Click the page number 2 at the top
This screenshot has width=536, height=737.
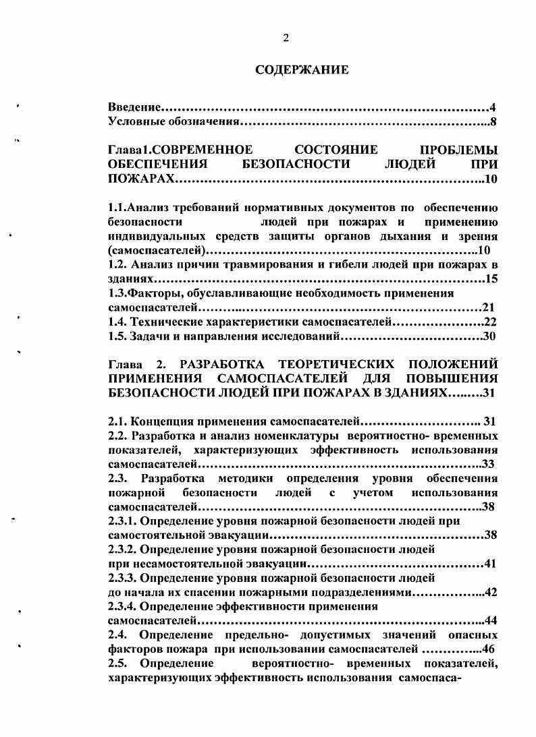(x=286, y=38)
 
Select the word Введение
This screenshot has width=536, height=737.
(x=134, y=108)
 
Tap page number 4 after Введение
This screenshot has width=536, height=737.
(x=493, y=108)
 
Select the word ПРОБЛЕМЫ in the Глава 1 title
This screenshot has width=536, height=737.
(x=458, y=150)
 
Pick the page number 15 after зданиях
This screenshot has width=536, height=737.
(x=491, y=279)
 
